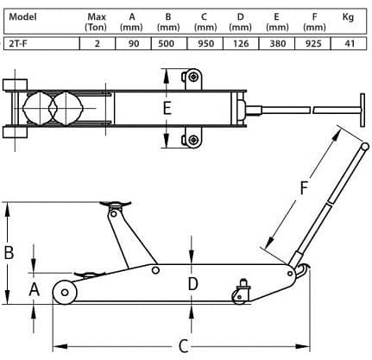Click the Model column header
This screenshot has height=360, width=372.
click(x=22, y=17)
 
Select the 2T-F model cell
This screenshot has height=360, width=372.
click(x=19, y=44)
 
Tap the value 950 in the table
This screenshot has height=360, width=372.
click(x=205, y=44)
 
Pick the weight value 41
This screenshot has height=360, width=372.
click(x=349, y=44)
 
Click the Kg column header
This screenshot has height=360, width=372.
click(x=348, y=17)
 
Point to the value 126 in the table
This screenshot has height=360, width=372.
click(x=241, y=44)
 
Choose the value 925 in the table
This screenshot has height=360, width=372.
click(x=312, y=44)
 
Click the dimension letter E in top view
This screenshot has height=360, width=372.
click(x=167, y=108)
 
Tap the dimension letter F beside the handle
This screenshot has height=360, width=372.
click(x=304, y=187)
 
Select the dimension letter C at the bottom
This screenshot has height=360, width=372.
click(x=183, y=346)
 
